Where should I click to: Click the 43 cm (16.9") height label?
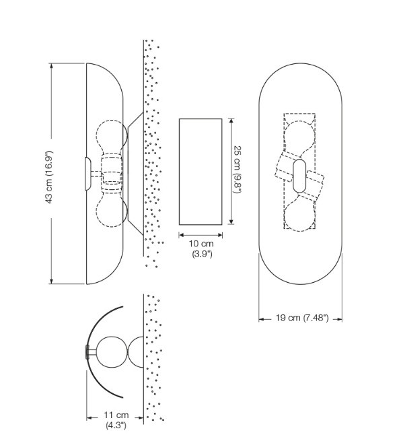[x=49, y=177]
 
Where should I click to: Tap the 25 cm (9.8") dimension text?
[x=238, y=170]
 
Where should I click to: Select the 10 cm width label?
[x=201, y=243]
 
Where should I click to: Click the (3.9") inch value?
[x=202, y=254]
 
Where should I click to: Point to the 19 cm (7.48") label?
[x=302, y=318]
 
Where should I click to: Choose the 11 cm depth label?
[x=116, y=415]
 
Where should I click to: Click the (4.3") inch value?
[x=116, y=426]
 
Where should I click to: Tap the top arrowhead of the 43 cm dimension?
[x=51, y=66]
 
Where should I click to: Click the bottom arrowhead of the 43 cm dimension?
[x=51, y=281]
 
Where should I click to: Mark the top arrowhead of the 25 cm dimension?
[x=231, y=121]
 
